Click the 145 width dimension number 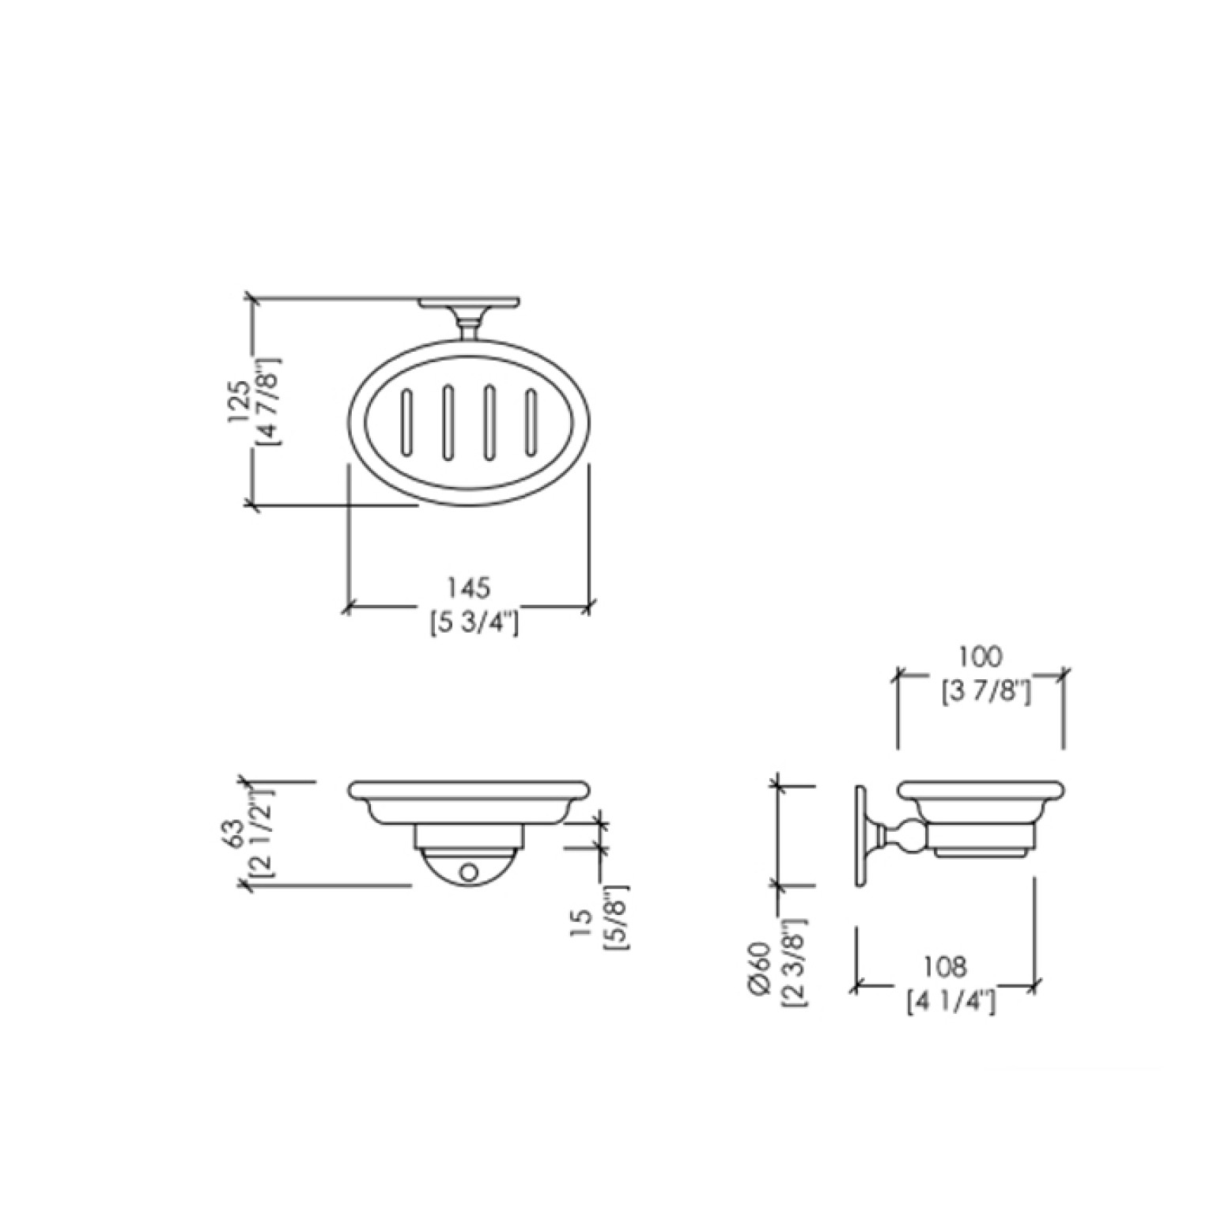(x=469, y=589)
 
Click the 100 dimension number (x=980, y=657)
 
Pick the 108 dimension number (x=946, y=966)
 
